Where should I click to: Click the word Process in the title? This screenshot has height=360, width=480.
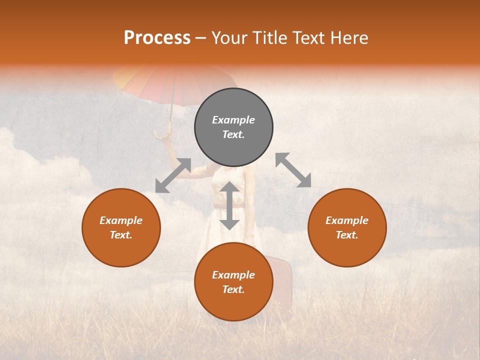[x=157, y=38]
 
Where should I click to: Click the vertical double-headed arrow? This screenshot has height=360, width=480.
[x=229, y=205]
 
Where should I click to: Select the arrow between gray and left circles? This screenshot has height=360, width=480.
[x=173, y=175]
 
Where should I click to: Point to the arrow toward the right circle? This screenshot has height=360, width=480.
[x=293, y=170]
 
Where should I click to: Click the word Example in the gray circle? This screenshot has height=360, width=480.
[x=233, y=120]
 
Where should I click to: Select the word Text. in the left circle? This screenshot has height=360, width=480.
[x=121, y=235]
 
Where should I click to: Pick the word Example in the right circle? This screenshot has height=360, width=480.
[x=347, y=220]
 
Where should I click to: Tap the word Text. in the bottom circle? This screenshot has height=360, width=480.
[x=233, y=289]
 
